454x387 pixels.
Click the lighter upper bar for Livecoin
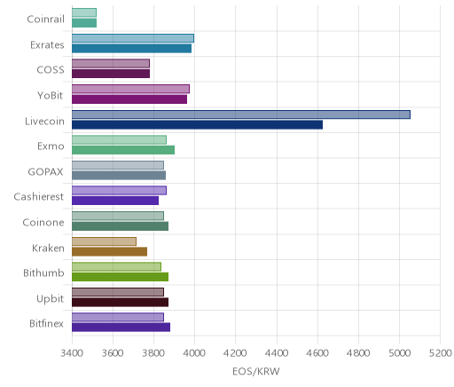click(x=241, y=115)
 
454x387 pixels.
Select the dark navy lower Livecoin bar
click(x=197, y=125)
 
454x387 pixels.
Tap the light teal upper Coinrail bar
click(x=84, y=12)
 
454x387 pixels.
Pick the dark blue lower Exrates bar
click(x=131, y=49)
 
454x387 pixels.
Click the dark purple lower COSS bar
click(x=111, y=74)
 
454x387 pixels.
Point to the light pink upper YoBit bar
click(x=130, y=89)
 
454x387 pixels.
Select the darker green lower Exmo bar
click(x=123, y=150)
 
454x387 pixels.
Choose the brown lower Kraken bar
click(x=109, y=252)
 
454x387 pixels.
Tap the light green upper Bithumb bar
click(x=116, y=266)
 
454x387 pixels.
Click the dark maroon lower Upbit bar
click(x=120, y=303)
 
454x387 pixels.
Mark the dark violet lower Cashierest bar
click(x=115, y=201)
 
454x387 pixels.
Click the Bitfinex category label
click(x=46, y=323)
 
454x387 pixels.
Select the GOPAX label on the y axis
click(x=45, y=171)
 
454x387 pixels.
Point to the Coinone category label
click(x=43, y=222)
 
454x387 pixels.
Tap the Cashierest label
click(x=39, y=196)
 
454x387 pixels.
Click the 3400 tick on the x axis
click(x=72, y=353)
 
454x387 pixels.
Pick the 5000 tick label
click(x=399, y=353)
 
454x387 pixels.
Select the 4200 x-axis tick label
click(x=236, y=353)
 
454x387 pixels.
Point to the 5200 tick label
click(x=440, y=353)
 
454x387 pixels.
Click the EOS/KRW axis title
click(x=256, y=372)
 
